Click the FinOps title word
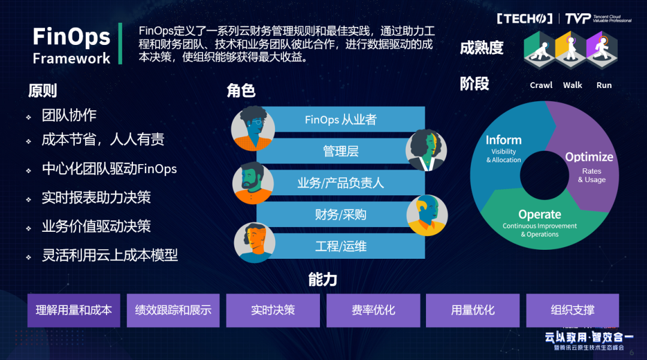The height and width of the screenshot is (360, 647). click(71, 37)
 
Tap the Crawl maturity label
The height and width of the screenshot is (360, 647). click(541, 85)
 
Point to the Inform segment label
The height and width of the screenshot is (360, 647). click(503, 140)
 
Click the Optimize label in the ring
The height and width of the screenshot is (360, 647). click(589, 157)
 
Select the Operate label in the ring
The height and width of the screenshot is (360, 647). click(539, 214)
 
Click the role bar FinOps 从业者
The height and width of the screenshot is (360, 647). click(340, 119)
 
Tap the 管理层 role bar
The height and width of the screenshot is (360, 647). click(340, 151)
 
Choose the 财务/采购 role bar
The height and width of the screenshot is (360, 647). click(340, 214)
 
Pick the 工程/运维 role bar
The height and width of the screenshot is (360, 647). click(340, 246)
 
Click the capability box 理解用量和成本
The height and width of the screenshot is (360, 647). click(74, 310)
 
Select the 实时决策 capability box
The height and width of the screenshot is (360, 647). click(273, 310)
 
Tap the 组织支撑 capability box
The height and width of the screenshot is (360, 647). click(572, 310)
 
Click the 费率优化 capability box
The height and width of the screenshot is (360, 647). click(373, 310)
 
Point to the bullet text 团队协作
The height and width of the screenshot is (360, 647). click(69, 116)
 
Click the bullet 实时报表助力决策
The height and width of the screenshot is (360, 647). click(96, 198)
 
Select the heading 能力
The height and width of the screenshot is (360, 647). click(322, 279)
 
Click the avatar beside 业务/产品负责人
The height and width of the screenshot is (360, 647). click(253, 183)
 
